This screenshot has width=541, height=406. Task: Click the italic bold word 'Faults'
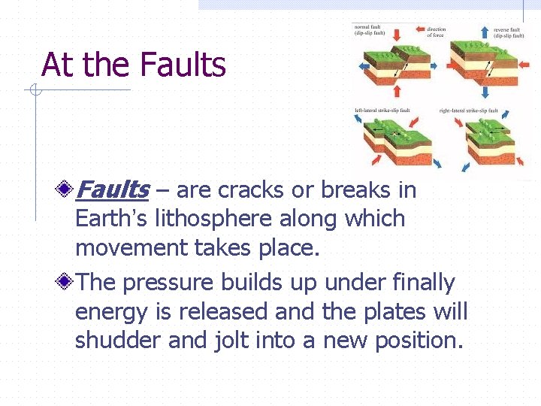pyautogui.click(x=113, y=190)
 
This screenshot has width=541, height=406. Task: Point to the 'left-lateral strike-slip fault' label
pyautogui.click(x=382, y=111)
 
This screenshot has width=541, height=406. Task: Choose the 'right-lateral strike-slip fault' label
pyautogui.click(x=469, y=111)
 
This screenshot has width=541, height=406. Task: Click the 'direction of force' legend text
pyautogui.click(x=437, y=32)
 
